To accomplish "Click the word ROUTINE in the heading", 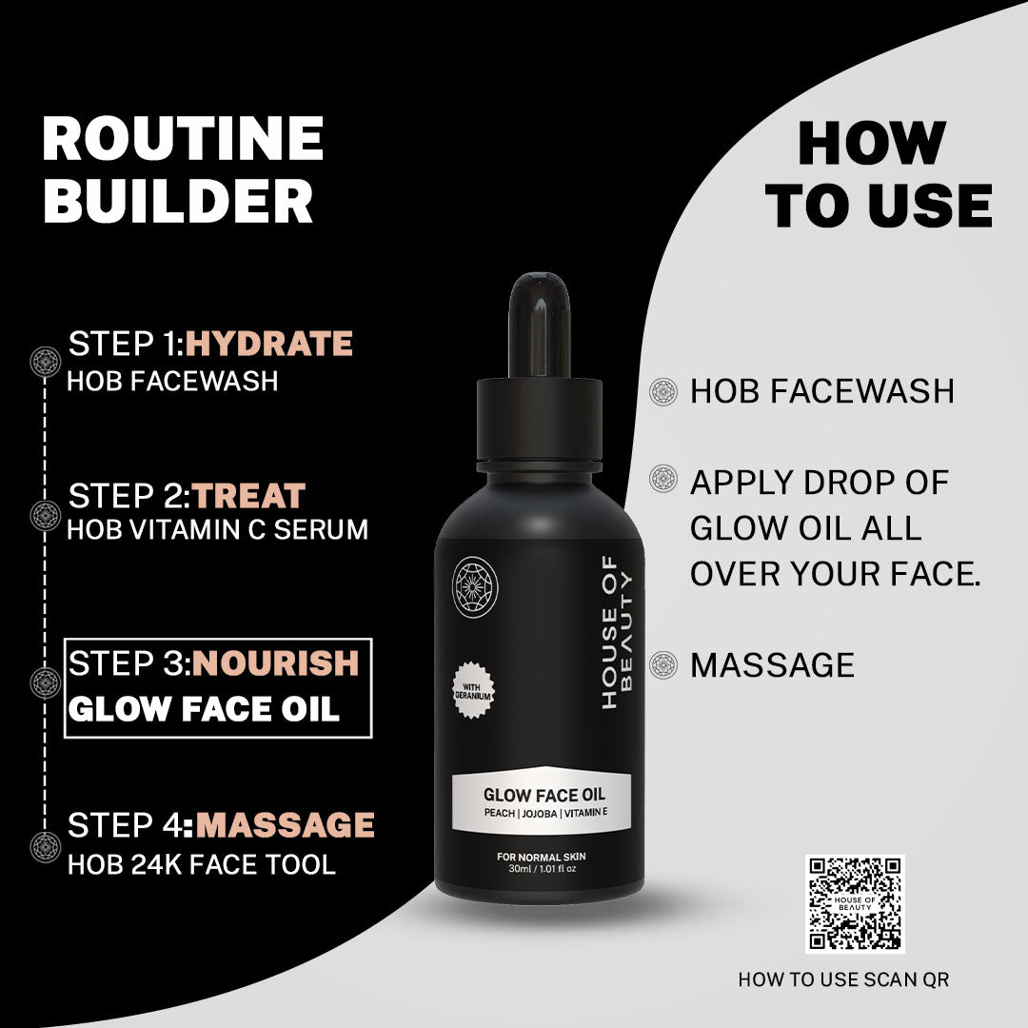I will pyautogui.click(x=183, y=139).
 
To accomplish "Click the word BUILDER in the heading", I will pyautogui.click(x=178, y=202).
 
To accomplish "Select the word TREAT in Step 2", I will pyautogui.click(x=249, y=496).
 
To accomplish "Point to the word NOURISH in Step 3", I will pyautogui.click(x=276, y=662).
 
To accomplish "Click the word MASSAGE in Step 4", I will pyautogui.click(x=285, y=824).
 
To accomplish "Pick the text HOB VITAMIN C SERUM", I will pyautogui.click(x=217, y=530).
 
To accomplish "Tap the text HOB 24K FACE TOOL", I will pyautogui.click(x=201, y=864).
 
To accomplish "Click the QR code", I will pyautogui.click(x=855, y=904).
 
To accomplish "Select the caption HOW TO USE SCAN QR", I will pyautogui.click(x=843, y=979).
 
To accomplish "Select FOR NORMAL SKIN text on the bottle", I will pyautogui.click(x=541, y=858).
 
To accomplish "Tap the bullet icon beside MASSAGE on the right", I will pyautogui.click(x=662, y=664).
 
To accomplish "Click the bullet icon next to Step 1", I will pyautogui.click(x=46, y=360).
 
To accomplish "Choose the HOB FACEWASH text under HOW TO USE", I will pyautogui.click(x=821, y=391).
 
